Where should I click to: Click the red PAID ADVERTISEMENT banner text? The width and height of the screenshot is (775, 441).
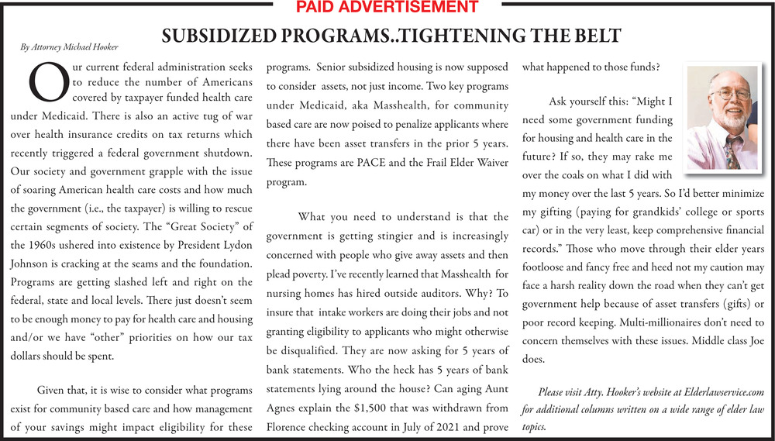point(387,8)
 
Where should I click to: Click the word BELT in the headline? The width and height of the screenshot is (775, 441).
point(594,36)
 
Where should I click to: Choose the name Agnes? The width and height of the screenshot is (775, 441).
point(285,407)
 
